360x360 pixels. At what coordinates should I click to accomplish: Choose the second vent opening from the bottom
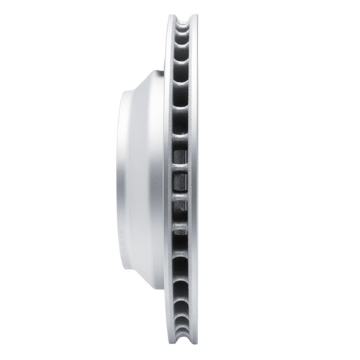182,314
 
